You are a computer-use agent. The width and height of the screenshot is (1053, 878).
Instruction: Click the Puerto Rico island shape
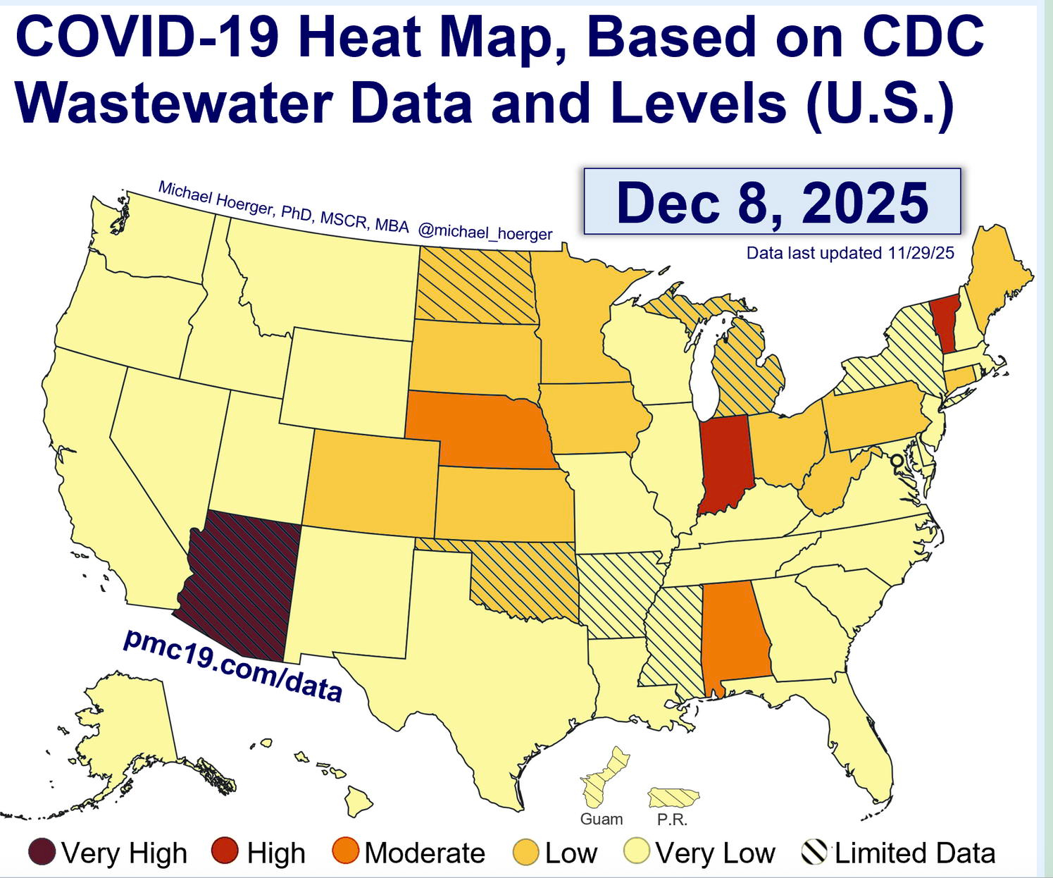pyautogui.click(x=673, y=798)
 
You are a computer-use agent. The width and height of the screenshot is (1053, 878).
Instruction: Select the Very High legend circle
pyautogui.click(x=42, y=852)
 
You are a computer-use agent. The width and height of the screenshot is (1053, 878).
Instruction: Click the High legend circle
pyautogui.click(x=225, y=852)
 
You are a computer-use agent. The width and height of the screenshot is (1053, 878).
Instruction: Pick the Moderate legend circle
pyautogui.click(x=346, y=852)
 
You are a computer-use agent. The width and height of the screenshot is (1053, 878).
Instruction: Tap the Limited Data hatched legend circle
pyautogui.click(x=814, y=852)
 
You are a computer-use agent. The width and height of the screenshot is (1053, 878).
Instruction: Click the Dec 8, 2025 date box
pyautogui.click(x=772, y=202)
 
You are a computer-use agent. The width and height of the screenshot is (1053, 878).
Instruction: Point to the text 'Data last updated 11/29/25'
pyautogui.click(x=850, y=253)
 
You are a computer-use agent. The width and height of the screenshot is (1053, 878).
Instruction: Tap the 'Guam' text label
pyautogui.click(x=602, y=820)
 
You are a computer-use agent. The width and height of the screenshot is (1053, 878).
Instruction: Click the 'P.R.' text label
pyautogui.click(x=672, y=820)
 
